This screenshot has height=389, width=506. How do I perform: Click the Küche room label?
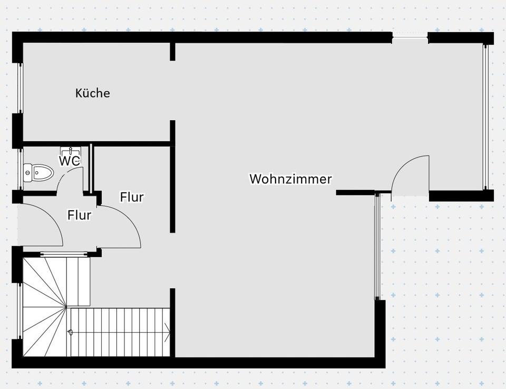click(93, 93)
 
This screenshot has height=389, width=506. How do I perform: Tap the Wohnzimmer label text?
click(290, 179)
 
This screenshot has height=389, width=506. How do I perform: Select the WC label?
click(69, 161)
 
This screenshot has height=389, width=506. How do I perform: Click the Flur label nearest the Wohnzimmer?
click(132, 197)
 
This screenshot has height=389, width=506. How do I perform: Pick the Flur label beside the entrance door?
click(79, 215)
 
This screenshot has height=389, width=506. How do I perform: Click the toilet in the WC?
click(38, 172)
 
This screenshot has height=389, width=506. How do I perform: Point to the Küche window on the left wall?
click(20, 88)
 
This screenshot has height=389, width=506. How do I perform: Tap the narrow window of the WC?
click(20, 169)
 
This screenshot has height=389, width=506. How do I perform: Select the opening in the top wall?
click(410, 37)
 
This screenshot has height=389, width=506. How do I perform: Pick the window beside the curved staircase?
click(20, 311)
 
